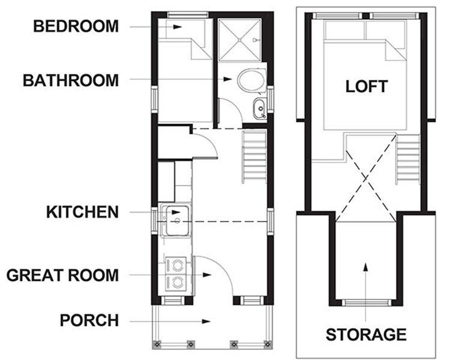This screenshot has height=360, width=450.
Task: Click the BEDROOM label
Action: point(76,26)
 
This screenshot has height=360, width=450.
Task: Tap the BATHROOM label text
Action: point(71,80)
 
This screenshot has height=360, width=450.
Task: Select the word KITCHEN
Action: point(82,212)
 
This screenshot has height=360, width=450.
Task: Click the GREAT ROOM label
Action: point(62,275)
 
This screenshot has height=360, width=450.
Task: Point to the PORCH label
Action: point(89,320)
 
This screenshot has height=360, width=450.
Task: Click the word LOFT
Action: point(367,86)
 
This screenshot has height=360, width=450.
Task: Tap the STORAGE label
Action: point(366,334)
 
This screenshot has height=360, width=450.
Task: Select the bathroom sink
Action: point(260,108)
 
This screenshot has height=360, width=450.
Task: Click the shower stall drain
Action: point(240,40)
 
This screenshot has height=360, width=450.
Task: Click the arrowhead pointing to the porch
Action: point(206,321)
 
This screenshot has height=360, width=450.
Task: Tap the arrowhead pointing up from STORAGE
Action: point(365,267)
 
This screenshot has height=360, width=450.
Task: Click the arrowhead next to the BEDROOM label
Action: point(178,27)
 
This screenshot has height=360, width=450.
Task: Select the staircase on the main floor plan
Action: point(254,156)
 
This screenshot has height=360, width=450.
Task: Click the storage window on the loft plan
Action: point(365,302)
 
